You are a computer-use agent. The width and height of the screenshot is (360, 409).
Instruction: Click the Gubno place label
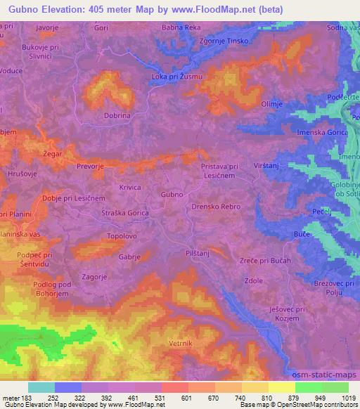pos(172,194)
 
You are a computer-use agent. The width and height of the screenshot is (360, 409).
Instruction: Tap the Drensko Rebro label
pos(216,207)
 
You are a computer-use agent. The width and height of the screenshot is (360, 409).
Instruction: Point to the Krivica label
pos(130,188)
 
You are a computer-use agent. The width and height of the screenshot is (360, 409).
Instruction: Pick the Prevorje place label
pos(90,168)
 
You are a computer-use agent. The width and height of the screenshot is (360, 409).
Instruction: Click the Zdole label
pos(253,280)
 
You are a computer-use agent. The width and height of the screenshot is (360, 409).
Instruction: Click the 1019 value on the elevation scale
pos(349,399)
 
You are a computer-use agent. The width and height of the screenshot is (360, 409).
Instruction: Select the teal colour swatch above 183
pos(41,387)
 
